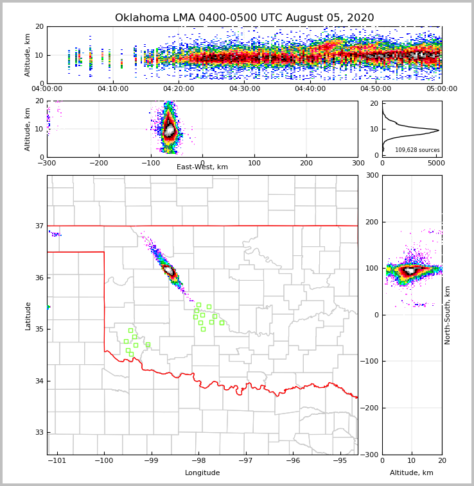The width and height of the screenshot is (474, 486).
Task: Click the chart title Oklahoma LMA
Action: [244, 18]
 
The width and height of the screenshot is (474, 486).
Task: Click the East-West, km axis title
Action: [202, 167]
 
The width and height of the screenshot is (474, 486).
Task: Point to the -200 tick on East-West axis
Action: [98, 163]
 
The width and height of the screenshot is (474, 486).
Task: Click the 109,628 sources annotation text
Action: [417, 150]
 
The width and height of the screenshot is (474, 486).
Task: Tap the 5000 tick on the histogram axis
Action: [436, 163]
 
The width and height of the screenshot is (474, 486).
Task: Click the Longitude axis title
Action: [202, 473]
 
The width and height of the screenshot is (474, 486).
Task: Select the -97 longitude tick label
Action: [245, 461]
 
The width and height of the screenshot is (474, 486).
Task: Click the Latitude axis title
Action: [28, 315]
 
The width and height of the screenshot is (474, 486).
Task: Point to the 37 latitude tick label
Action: [40, 226]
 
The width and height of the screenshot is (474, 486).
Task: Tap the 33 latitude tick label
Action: [40, 433]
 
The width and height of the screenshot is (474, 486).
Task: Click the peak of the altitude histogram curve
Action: [439, 130]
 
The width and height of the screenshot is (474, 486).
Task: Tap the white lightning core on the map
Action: [170, 271]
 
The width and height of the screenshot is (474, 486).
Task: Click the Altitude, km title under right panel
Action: [412, 473]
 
